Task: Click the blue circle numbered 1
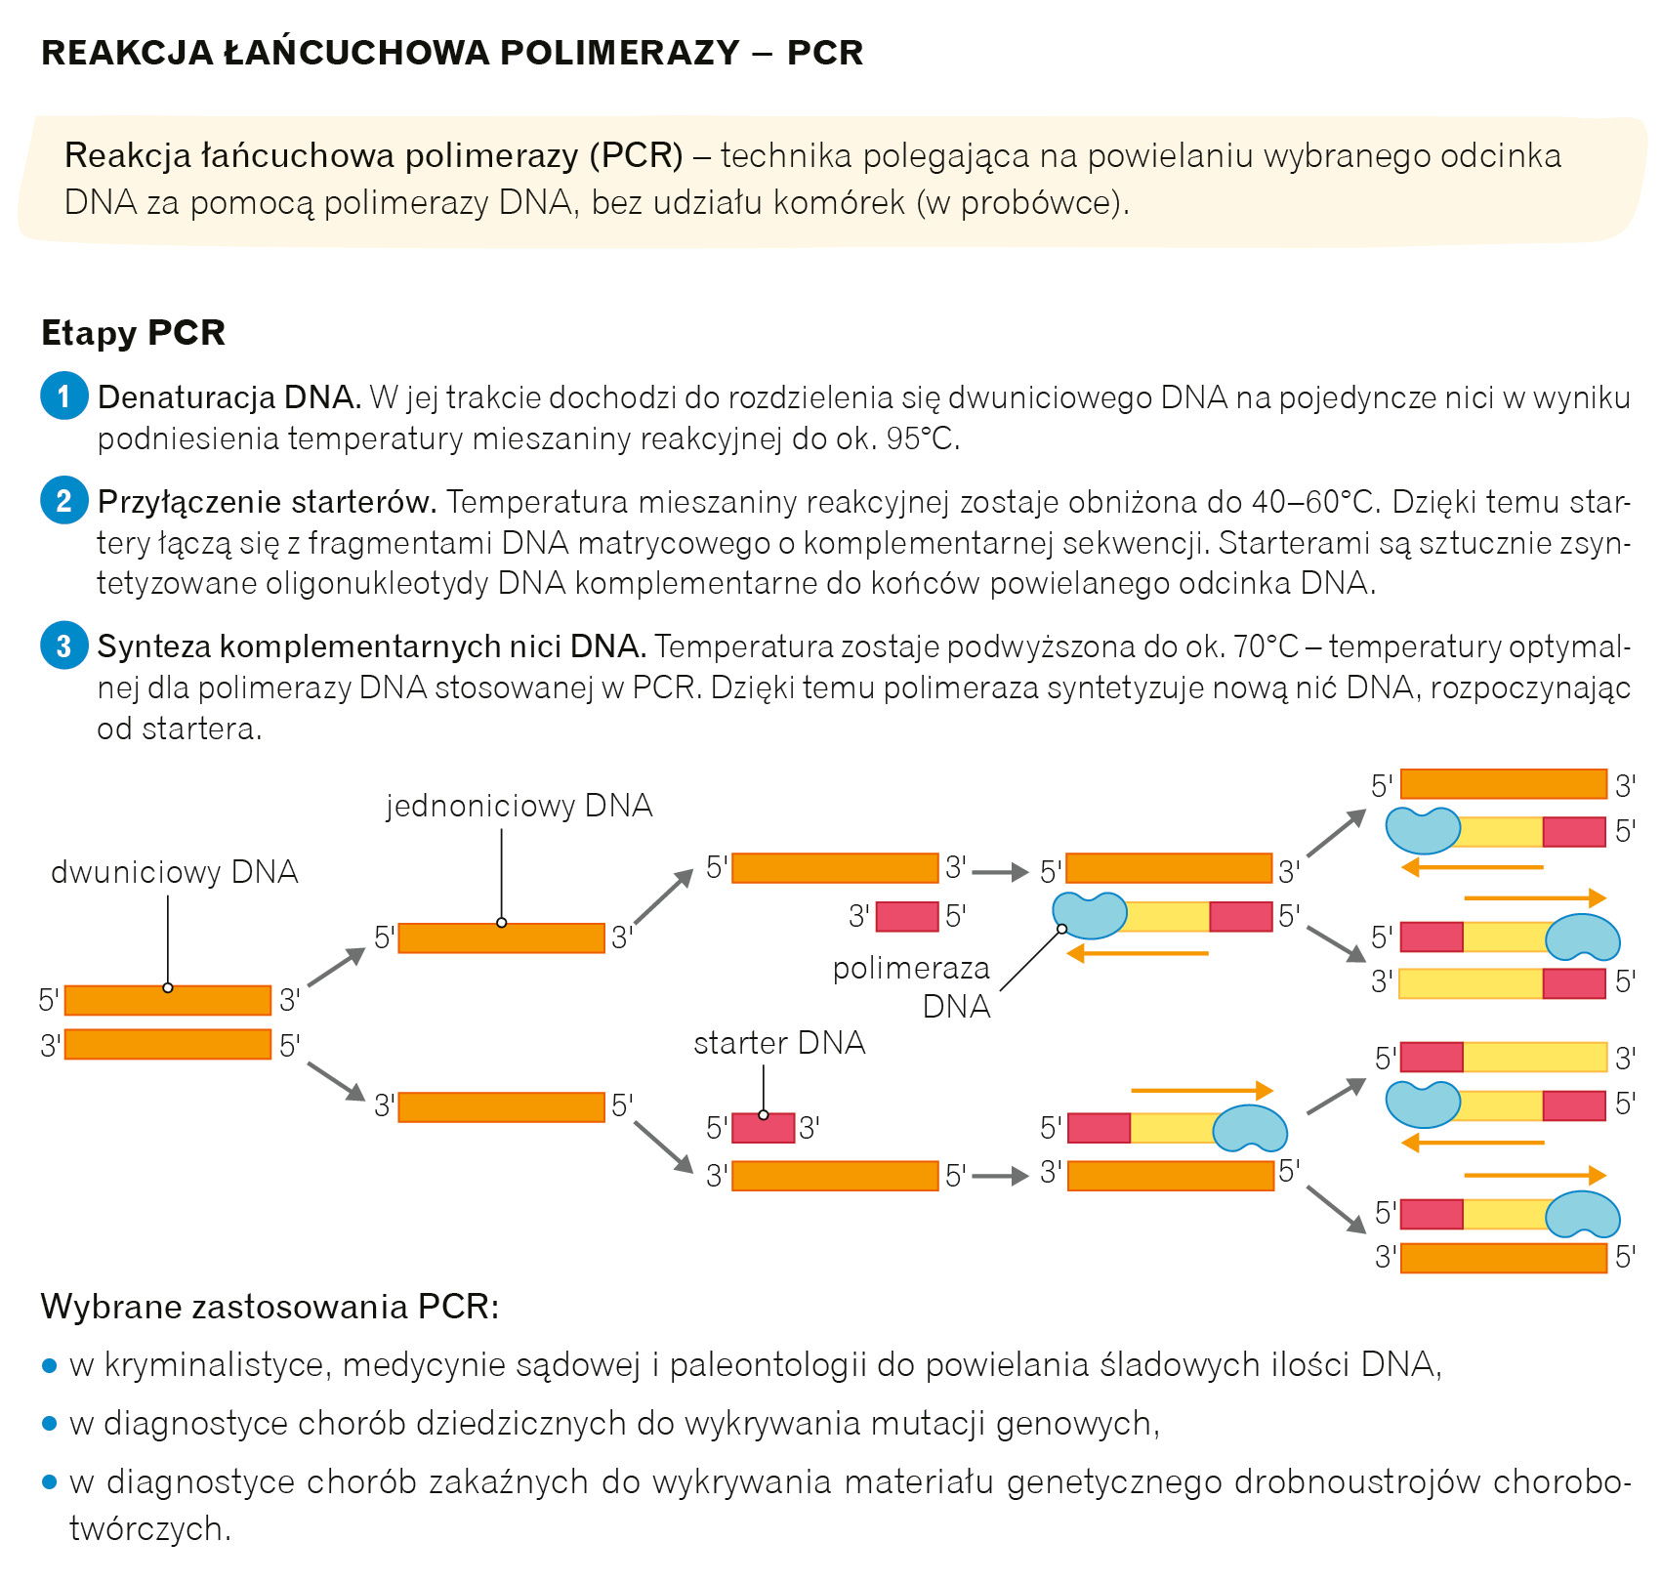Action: pos(64,396)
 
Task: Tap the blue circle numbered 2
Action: pos(64,501)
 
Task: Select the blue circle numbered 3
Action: pos(64,646)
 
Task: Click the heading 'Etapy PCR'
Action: pos(133,333)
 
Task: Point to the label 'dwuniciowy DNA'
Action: pos(175,872)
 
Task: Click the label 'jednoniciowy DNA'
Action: pos(519,806)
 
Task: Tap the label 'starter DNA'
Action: pos(779,1043)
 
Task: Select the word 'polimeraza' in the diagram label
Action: pos(911,968)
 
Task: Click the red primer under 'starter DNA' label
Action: pos(763,1128)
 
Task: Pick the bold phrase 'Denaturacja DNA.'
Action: pos(229,397)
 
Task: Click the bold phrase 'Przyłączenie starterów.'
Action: pos(267,502)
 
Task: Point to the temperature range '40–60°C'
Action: pos(1313,502)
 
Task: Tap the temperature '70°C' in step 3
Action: pos(1266,646)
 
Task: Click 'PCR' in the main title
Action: pos(825,53)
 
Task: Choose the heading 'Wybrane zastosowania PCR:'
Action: pos(270,1307)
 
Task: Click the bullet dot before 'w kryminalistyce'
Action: pos(51,1365)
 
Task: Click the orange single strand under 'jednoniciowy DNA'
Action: pos(501,938)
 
